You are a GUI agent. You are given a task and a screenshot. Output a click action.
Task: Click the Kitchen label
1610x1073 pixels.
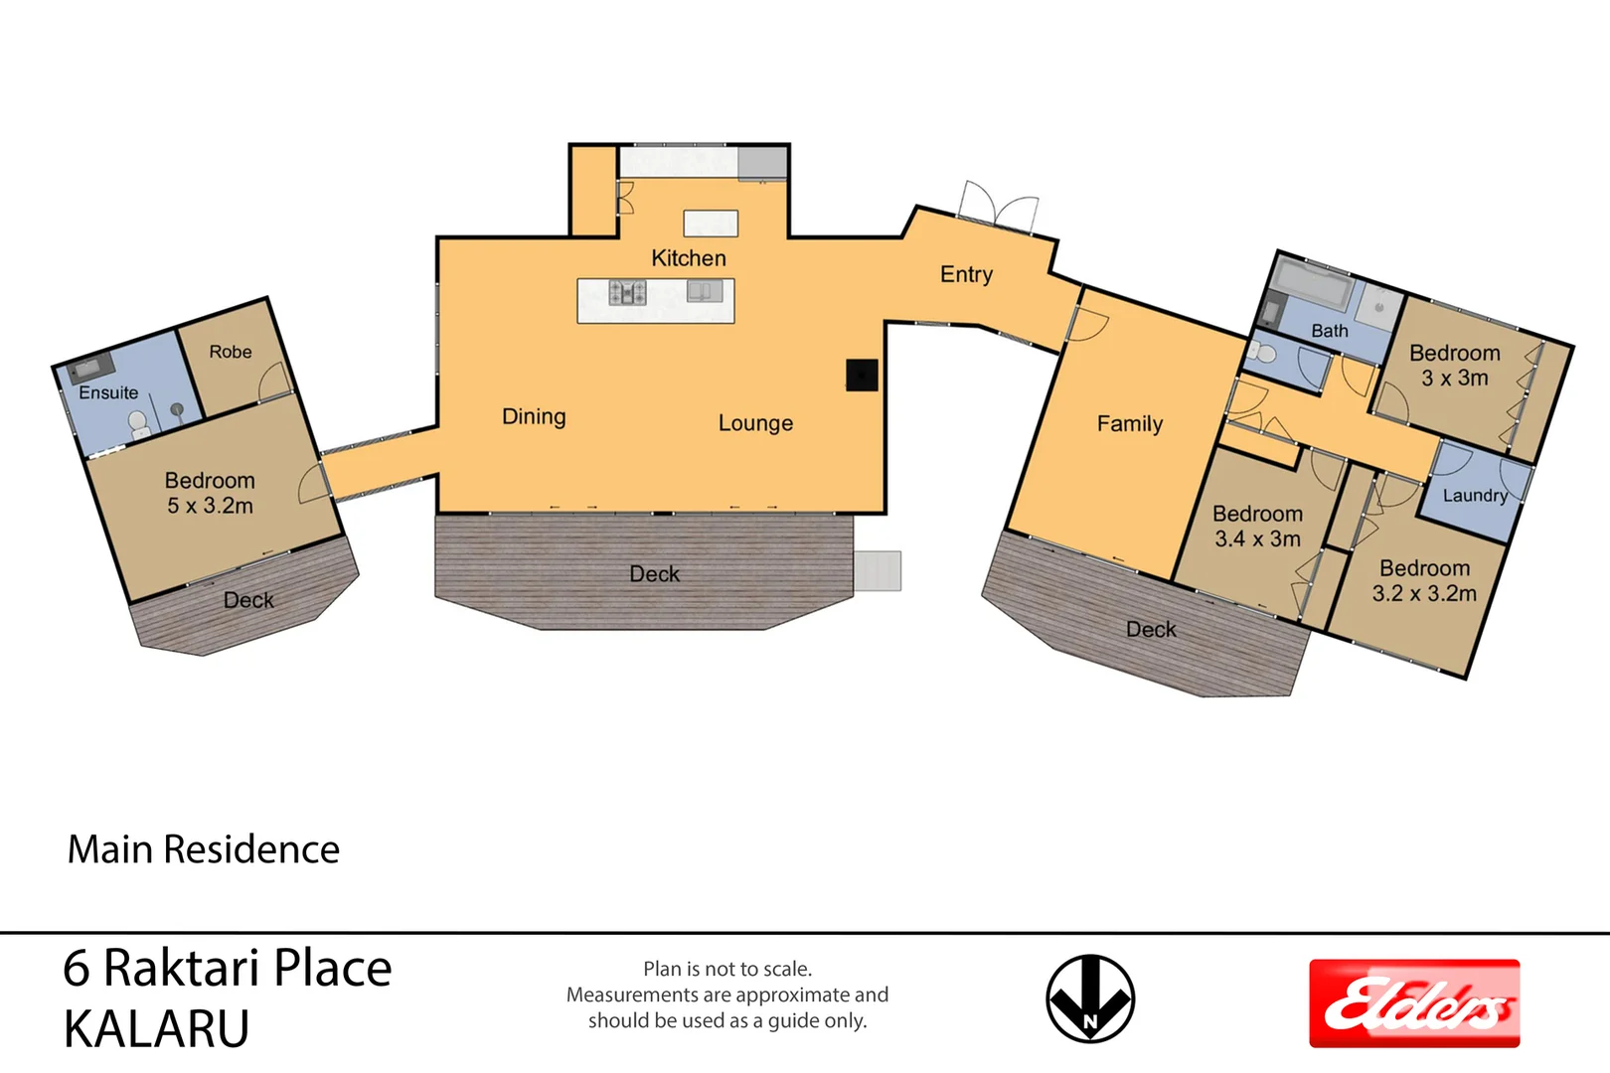[688, 258]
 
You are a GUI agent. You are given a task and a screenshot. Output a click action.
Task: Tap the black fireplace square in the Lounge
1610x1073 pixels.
[862, 375]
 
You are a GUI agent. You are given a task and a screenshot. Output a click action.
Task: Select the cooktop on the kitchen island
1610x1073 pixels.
[627, 292]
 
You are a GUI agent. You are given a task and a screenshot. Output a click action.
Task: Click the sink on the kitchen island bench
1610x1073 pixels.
[705, 291]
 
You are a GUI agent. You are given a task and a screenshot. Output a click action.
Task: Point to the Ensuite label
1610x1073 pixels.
[108, 392]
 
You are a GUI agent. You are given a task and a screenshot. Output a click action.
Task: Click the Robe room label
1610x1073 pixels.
[230, 352]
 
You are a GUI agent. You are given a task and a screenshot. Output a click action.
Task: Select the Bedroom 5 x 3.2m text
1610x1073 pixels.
[210, 493]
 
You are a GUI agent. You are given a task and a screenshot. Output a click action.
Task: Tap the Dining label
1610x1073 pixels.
[534, 416]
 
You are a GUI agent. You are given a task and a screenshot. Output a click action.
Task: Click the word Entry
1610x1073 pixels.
[966, 274]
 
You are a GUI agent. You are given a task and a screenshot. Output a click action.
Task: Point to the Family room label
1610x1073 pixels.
[1129, 424]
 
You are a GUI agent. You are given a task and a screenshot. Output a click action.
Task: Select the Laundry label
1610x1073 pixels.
[1474, 495]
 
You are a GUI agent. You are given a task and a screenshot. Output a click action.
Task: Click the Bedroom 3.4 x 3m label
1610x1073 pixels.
[1257, 527]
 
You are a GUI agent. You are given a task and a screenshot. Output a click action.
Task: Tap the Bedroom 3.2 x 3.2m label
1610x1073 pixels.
[1424, 581]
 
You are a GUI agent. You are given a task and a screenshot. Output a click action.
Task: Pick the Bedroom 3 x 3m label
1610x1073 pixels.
[1454, 366]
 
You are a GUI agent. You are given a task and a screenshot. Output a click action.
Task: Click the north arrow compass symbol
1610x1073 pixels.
[1090, 998]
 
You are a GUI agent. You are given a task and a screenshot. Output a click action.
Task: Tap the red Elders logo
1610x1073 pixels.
[1413, 1003]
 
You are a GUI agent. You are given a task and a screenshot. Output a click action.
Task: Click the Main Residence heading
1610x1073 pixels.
[203, 849]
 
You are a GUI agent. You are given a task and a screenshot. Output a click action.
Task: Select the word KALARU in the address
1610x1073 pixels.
[156, 1029]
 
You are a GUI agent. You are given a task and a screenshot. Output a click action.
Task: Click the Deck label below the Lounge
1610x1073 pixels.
[654, 574]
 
